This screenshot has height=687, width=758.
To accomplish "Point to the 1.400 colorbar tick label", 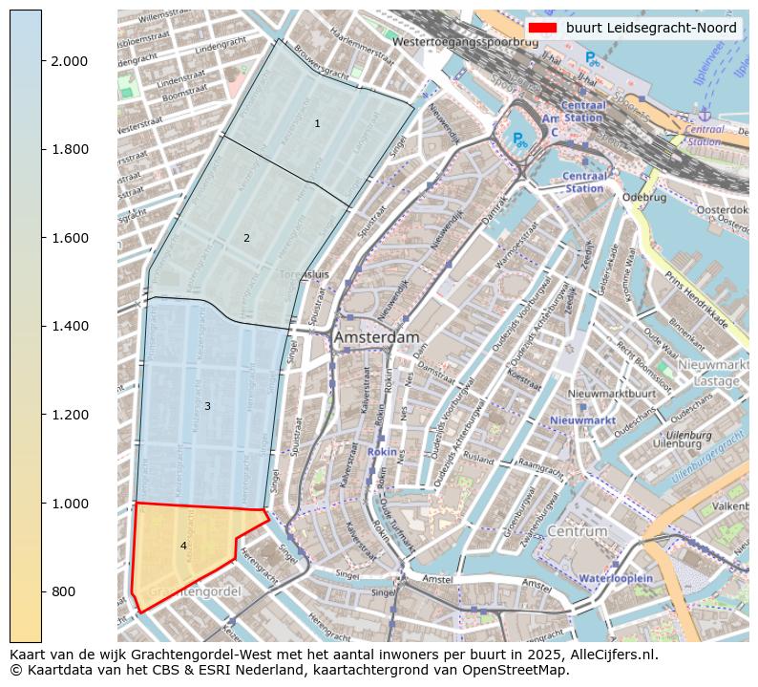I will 70,327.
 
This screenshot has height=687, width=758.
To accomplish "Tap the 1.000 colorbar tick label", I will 70,504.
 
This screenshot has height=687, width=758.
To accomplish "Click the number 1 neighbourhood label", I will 317,124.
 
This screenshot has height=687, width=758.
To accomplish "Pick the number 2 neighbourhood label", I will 246,238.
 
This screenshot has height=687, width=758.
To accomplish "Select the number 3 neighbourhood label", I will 207,407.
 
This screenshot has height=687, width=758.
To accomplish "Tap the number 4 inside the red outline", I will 183,546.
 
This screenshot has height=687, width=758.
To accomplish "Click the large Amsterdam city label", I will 376,338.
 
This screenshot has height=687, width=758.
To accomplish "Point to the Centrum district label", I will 578,531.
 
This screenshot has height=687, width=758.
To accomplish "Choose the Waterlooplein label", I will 616,578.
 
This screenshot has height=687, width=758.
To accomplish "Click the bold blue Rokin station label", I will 382,451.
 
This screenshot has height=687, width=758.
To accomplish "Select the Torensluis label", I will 304,274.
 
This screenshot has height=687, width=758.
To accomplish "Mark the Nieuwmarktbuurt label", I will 611,394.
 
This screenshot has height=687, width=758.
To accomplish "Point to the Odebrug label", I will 642,198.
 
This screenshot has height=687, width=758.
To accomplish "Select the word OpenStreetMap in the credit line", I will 523,670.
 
